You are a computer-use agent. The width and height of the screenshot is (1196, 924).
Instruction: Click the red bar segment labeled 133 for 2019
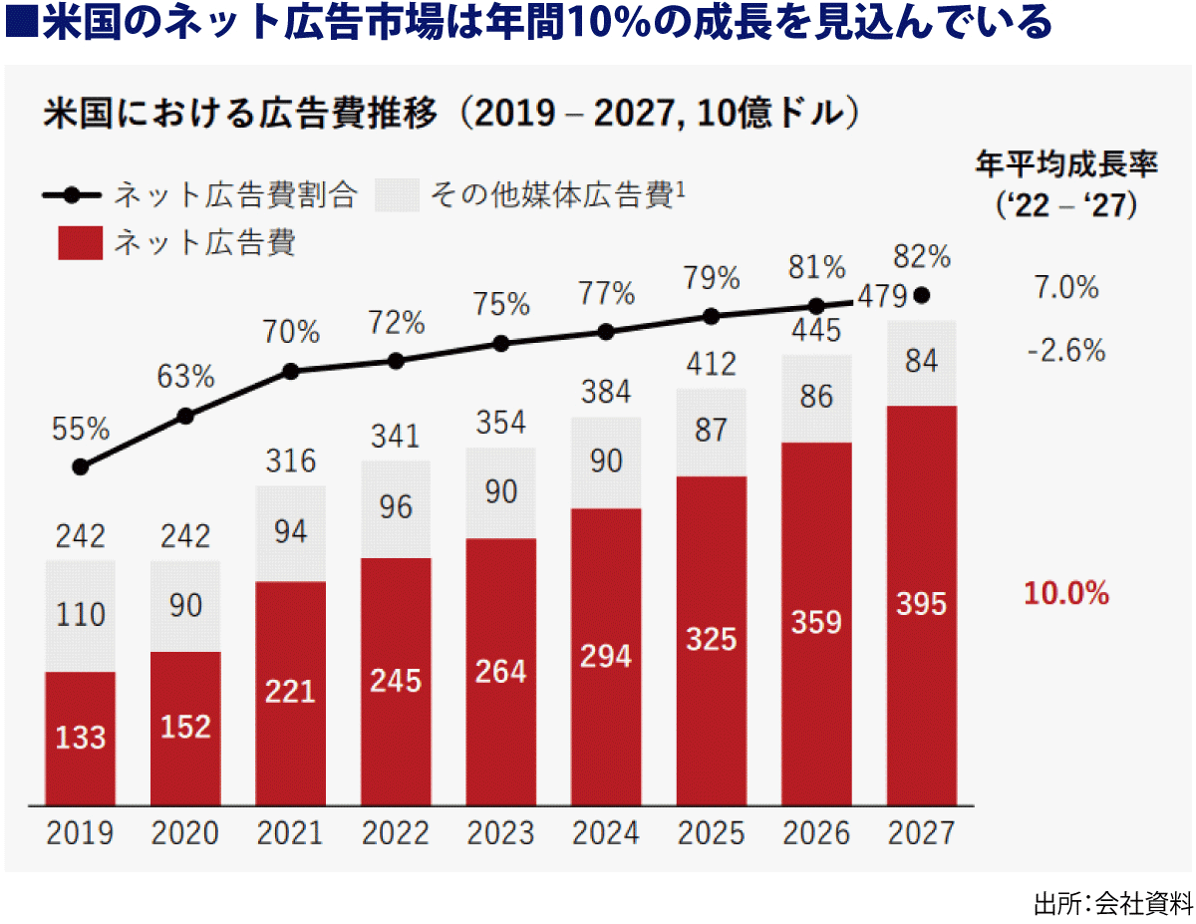click(x=81, y=738)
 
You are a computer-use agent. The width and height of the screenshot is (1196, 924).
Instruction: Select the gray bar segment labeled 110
click(x=81, y=615)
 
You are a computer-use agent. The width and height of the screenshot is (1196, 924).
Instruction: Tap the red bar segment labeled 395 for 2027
click(x=921, y=605)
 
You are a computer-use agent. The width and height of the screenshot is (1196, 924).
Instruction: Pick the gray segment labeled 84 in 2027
click(x=921, y=363)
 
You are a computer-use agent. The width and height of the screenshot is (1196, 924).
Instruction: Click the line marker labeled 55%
click(x=81, y=466)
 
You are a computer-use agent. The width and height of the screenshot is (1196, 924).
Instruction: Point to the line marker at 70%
click(x=291, y=371)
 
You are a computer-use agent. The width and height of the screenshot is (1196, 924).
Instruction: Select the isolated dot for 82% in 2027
click(x=922, y=295)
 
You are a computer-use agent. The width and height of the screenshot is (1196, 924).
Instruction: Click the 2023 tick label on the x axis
click(x=500, y=833)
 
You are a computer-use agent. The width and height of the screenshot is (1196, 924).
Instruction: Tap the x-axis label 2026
click(x=816, y=833)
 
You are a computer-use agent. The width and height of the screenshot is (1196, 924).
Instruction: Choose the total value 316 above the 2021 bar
click(x=291, y=462)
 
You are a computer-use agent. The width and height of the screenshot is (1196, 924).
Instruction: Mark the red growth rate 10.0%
click(x=1066, y=594)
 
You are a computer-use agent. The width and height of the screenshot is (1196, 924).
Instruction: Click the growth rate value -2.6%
click(x=1066, y=351)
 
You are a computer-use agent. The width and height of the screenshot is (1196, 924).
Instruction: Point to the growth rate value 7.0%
click(x=1066, y=289)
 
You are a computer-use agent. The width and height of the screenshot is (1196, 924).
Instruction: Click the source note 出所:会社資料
click(x=1112, y=904)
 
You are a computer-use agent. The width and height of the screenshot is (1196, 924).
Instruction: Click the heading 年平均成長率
click(x=1066, y=166)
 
